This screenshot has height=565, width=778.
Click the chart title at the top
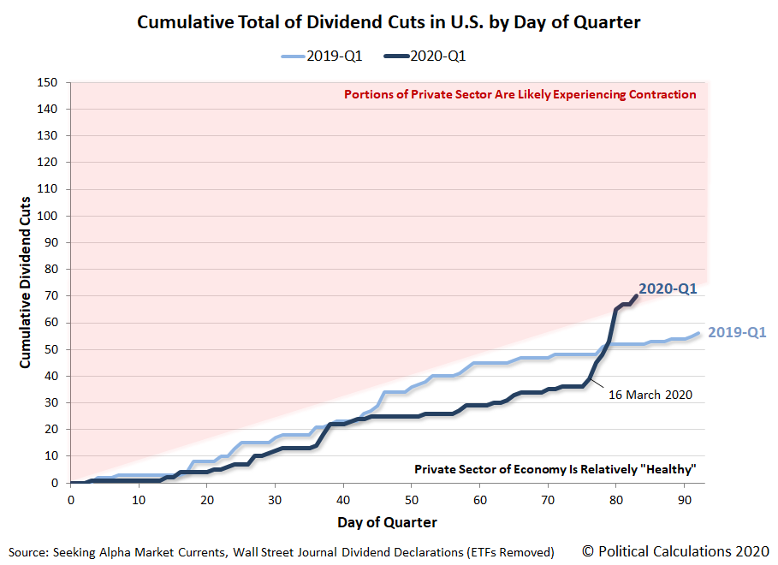[389, 21]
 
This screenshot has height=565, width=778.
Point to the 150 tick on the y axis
[50, 83]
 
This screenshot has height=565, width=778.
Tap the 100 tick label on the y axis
[50, 216]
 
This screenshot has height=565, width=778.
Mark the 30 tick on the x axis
[275, 498]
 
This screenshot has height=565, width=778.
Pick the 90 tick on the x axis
[684, 498]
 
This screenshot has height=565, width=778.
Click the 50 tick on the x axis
[411, 498]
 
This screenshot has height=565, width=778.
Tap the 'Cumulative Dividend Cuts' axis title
[26, 282]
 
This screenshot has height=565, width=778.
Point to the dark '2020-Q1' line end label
[668, 289]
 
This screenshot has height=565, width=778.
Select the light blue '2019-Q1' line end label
[737, 332]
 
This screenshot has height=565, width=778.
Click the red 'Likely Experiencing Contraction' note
[520, 94]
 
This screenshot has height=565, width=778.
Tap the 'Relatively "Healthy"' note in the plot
[555, 469]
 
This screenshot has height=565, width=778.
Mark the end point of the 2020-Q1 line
[636, 295]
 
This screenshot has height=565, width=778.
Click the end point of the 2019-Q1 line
[698, 333]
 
